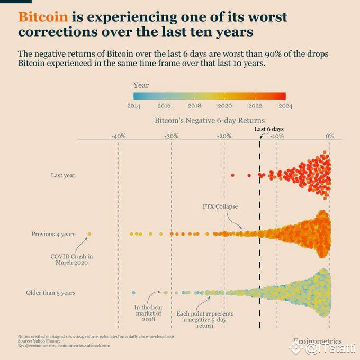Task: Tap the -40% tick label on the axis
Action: click(x=118, y=136)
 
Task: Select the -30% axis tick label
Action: click(x=171, y=136)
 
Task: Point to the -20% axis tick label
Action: click(x=224, y=136)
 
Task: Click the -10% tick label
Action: click(x=277, y=136)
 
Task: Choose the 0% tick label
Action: click(x=329, y=136)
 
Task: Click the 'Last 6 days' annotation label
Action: click(x=269, y=129)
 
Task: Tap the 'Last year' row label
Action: click(x=63, y=175)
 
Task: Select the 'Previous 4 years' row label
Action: click(x=53, y=233)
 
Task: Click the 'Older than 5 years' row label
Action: click(x=50, y=293)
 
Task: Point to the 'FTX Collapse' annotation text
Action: click(x=220, y=206)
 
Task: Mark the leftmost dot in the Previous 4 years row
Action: click(x=89, y=233)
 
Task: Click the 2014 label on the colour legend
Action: click(x=133, y=106)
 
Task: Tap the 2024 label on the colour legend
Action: click(x=285, y=106)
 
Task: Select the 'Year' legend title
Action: click(x=141, y=85)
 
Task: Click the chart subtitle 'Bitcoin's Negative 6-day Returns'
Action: click(x=209, y=121)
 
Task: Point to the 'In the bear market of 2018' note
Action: click(x=148, y=313)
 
